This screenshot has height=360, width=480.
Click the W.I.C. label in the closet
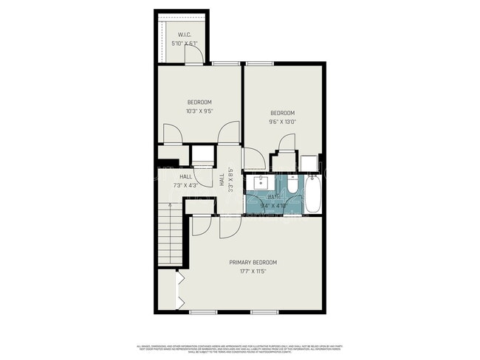pyautogui.click(x=185, y=35)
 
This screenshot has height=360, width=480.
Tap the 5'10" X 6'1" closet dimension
pyautogui.click(x=185, y=43)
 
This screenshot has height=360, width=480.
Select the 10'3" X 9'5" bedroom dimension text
pyautogui.click(x=199, y=111)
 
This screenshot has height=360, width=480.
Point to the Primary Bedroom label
pyautogui.click(x=253, y=263)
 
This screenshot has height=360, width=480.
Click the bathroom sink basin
pyautogui.click(x=261, y=182)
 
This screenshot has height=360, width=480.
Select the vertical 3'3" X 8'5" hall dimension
pyautogui.click(x=230, y=180)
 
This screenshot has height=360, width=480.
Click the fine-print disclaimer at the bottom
pyautogui.click(x=240, y=348)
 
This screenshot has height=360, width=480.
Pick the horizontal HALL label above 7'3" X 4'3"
pyautogui.click(x=186, y=177)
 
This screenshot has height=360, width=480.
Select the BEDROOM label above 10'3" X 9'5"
pyautogui.click(x=199, y=102)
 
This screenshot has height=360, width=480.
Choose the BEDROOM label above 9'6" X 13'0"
pyautogui.click(x=282, y=112)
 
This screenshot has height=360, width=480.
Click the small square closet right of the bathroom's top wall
pyautogui.click(x=308, y=162)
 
